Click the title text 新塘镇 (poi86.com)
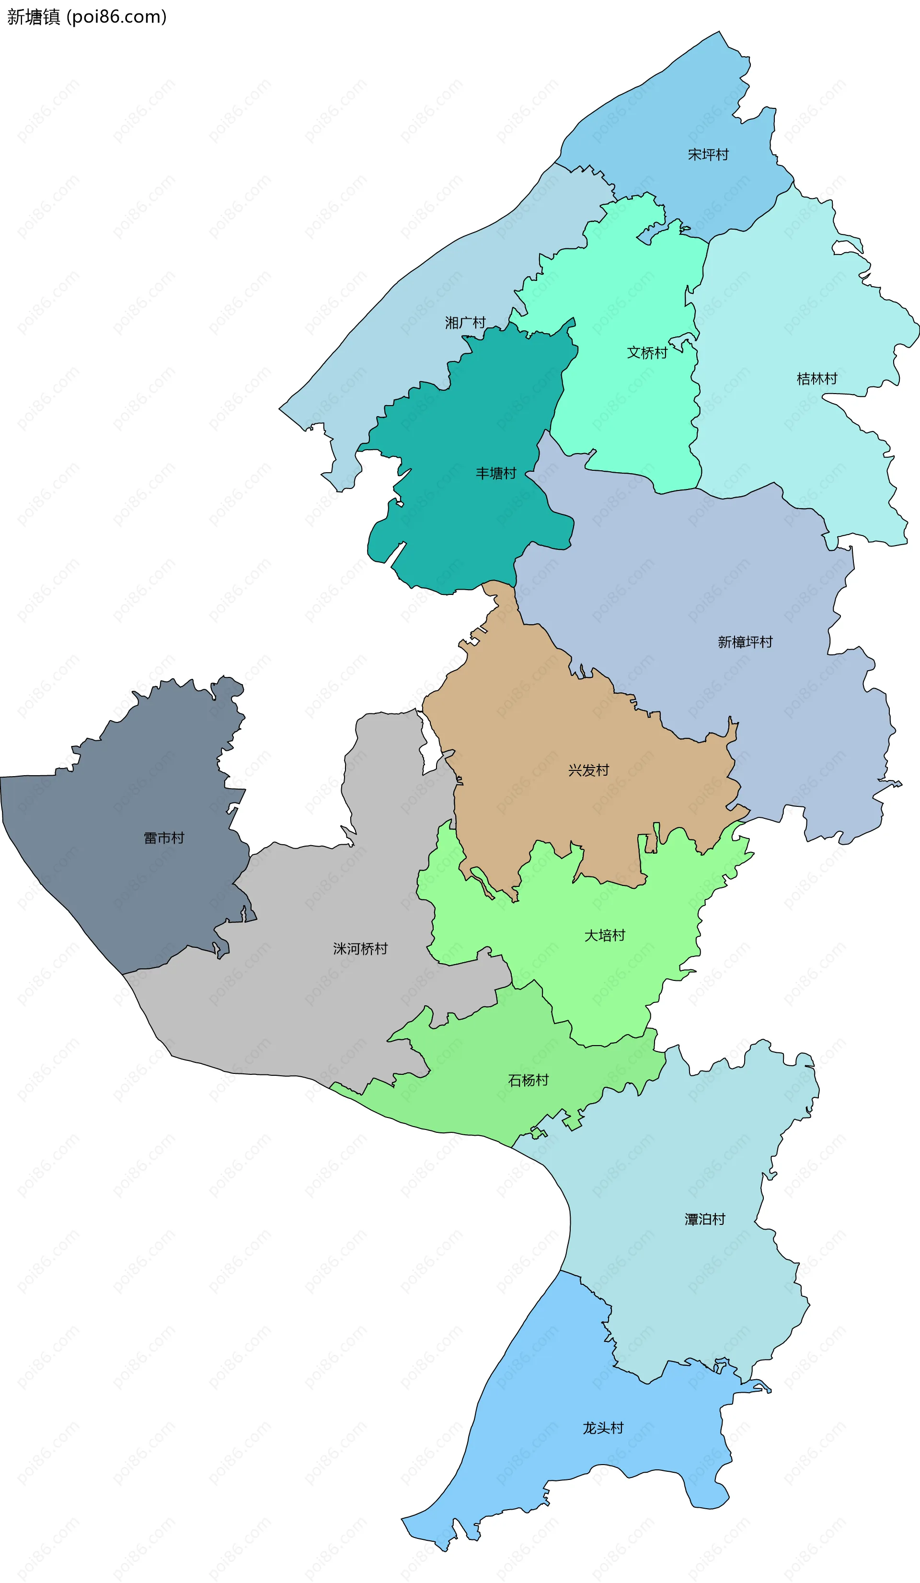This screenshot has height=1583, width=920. (87, 17)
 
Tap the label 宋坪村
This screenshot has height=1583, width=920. (708, 154)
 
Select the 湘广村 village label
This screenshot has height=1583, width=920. (465, 323)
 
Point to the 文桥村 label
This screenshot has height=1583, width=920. (647, 353)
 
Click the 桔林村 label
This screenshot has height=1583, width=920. (816, 379)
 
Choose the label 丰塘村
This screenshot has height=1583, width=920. (495, 474)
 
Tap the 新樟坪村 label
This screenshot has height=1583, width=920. (745, 642)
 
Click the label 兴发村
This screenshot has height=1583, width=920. (588, 770)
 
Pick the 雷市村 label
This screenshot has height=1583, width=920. (164, 838)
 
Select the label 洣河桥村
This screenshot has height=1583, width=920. (360, 949)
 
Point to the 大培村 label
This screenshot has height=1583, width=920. (605, 935)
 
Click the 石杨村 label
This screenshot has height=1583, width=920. (528, 1080)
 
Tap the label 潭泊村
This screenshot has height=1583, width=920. (704, 1219)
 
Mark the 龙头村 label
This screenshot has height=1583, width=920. (603, 1428)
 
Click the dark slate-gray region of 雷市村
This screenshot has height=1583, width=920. (126, 892)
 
